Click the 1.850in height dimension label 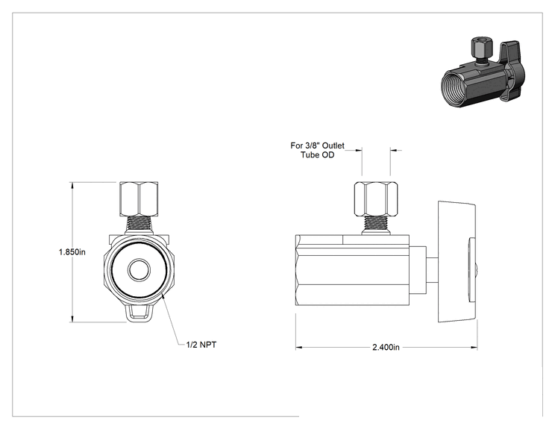pyautogui.click(x=72, y=252)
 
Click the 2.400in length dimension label pyautogui.click(x=386, y=347)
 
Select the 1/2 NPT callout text pyautogui.click(x=201, y=345)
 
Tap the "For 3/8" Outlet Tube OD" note pyautogui.click(x=318, y=150)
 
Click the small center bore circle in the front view pyautogui.click(x=139, y=270)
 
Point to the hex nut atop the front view pyautogui.click(x=139, y=198)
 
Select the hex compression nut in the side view pyautogui.click(x=376, y=198)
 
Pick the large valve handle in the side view pyautogui.click(x=457, y=262)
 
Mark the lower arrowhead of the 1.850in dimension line pyautogui.click(x=72, y=319)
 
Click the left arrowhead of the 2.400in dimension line pyautogui.click(x=299, y=348)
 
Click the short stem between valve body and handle pyautogui.click(x=431, y=270)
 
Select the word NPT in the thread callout pyautogui.click(x=208, y=345)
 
